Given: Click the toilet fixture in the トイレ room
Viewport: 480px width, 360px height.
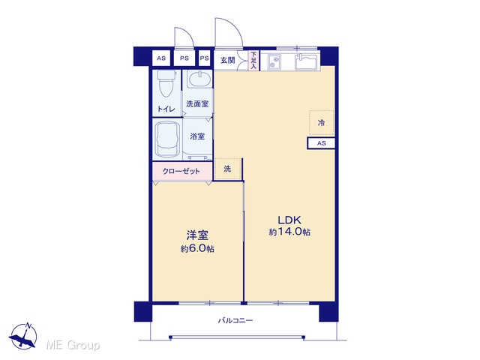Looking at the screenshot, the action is (166, 83).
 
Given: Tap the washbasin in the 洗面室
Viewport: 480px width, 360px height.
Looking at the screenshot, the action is (199, 79).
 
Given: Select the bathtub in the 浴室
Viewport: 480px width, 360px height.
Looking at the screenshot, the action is (167, 139).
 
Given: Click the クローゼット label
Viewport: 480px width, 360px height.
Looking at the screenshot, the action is (181, 172).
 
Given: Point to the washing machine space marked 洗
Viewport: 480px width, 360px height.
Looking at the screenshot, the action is (227, 169).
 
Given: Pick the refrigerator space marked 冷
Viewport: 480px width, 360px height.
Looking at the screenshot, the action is (321, 123).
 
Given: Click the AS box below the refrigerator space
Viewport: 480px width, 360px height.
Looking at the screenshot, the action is (321, 143).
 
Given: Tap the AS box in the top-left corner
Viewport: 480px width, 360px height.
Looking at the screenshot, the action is (161, 58).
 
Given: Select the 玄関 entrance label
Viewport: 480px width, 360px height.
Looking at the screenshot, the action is (228, 60).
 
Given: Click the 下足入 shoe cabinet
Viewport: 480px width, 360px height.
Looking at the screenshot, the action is (253, 60).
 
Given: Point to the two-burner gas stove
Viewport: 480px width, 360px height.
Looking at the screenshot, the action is (274, 62).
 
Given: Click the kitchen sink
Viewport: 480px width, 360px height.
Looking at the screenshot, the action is (307, 62).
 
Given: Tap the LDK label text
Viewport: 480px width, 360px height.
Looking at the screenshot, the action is (289, 220).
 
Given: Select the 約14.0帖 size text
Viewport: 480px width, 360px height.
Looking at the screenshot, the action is (289, 232).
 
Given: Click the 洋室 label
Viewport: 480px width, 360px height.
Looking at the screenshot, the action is (197, 235).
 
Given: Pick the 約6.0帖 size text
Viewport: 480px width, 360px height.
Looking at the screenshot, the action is (197, 248).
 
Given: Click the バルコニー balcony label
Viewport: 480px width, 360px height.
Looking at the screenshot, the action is (235, 320).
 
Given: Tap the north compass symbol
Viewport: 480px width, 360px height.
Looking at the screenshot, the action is (23, 335).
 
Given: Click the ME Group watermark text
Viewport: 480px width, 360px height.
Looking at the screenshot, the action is (73, 345).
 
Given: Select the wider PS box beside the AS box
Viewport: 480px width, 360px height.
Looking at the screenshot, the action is (184, 58).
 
